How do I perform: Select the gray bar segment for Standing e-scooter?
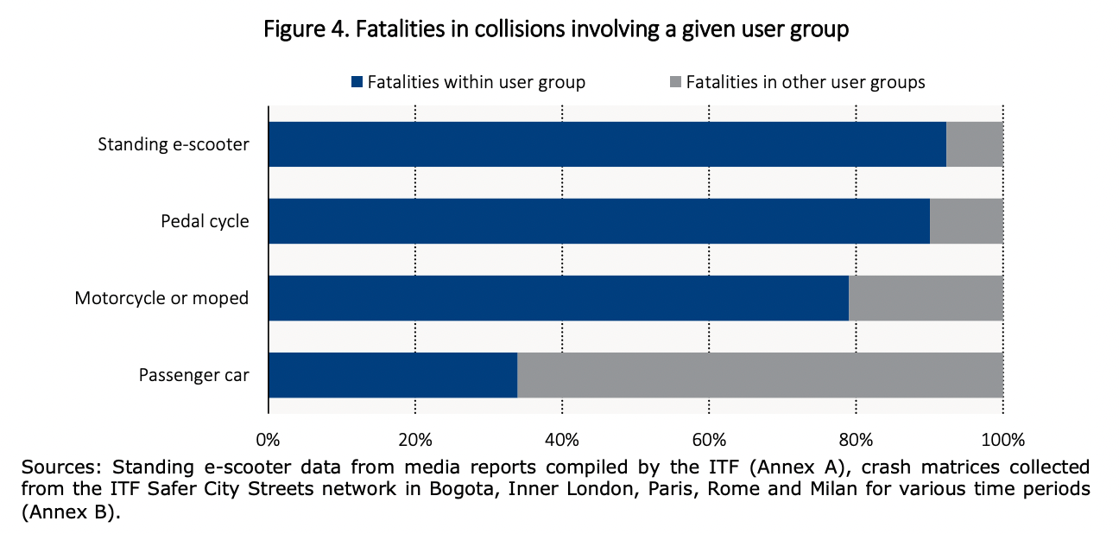pos(975,144)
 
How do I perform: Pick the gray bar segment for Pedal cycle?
pos(966,221)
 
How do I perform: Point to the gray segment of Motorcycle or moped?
pos(926,298)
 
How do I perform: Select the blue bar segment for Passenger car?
pos(393,375)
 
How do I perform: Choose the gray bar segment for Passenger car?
pos(760,375)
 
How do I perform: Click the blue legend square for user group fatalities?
pos(357,83)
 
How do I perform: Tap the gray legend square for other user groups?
pos(674,83)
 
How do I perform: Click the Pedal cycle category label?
pos(205,221)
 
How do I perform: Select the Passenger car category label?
pos(194,375)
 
